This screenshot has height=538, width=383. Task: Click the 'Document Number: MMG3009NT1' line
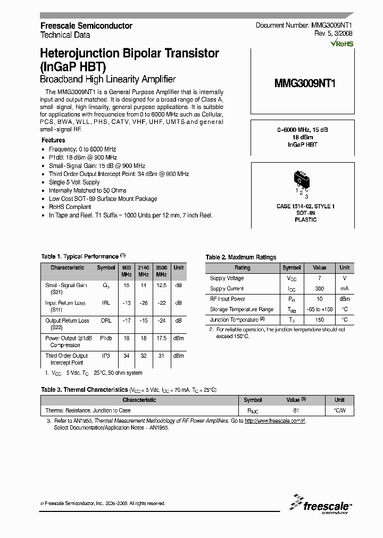304,26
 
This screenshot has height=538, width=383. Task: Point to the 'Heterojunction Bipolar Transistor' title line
130,54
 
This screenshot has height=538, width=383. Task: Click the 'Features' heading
53,140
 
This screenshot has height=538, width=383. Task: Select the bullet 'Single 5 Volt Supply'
74,182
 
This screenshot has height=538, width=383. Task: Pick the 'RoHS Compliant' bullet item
70,207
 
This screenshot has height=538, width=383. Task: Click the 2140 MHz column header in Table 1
144,271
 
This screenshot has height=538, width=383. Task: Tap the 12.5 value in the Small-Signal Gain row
161,285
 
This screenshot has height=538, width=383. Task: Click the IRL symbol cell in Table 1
106,303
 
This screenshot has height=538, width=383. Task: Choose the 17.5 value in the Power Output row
161,338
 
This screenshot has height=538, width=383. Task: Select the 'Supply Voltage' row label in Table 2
227,278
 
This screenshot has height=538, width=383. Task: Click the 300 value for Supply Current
319,289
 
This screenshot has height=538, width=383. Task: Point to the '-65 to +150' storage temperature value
319,309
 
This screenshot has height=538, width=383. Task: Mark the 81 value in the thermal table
296,410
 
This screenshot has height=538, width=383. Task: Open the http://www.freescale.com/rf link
275,421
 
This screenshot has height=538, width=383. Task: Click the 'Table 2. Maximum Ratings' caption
241,257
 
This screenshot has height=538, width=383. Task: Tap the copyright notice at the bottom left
103,503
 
